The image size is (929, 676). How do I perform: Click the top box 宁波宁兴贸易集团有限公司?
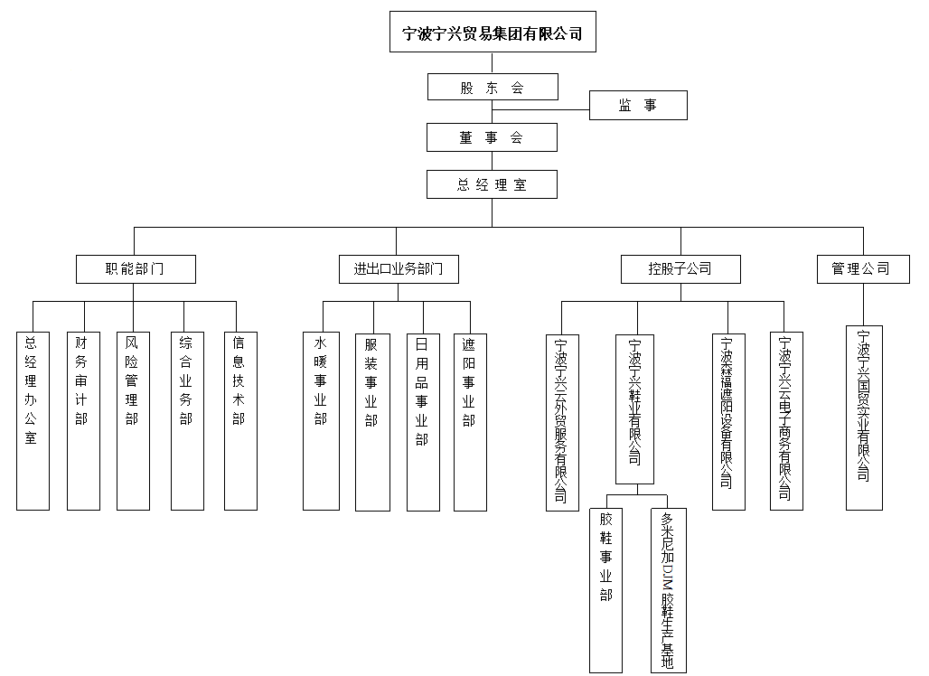click(x=493, y=34)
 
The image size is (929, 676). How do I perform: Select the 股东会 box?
click(x=493, y=88)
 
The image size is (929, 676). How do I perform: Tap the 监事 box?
click(x=638, y=106)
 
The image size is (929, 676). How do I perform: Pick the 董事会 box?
click(x=493, y=137)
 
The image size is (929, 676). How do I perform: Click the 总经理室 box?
click(x=493, y=184)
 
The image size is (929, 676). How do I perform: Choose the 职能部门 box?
click(x=135, y=268)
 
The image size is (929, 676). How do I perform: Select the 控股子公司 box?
click(x=680, y=268)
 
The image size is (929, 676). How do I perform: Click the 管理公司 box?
click(x=862, y=268)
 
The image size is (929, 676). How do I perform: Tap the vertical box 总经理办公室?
click(x=33, y=420)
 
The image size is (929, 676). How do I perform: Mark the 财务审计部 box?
click(x=83, y=420)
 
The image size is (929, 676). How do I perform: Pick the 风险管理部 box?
click(x=133, y=420)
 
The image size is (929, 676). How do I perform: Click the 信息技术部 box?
click(x=240, y=420)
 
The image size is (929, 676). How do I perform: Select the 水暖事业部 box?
click(x=321, y=420)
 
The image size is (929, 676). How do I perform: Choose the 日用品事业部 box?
click(x=422, y=420)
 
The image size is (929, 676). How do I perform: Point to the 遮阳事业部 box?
click(x=470, y=420)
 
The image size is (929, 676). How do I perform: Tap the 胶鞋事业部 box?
click(x=605, y=591)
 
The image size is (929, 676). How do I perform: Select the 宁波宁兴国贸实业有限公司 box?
click(x=864, y=418)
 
